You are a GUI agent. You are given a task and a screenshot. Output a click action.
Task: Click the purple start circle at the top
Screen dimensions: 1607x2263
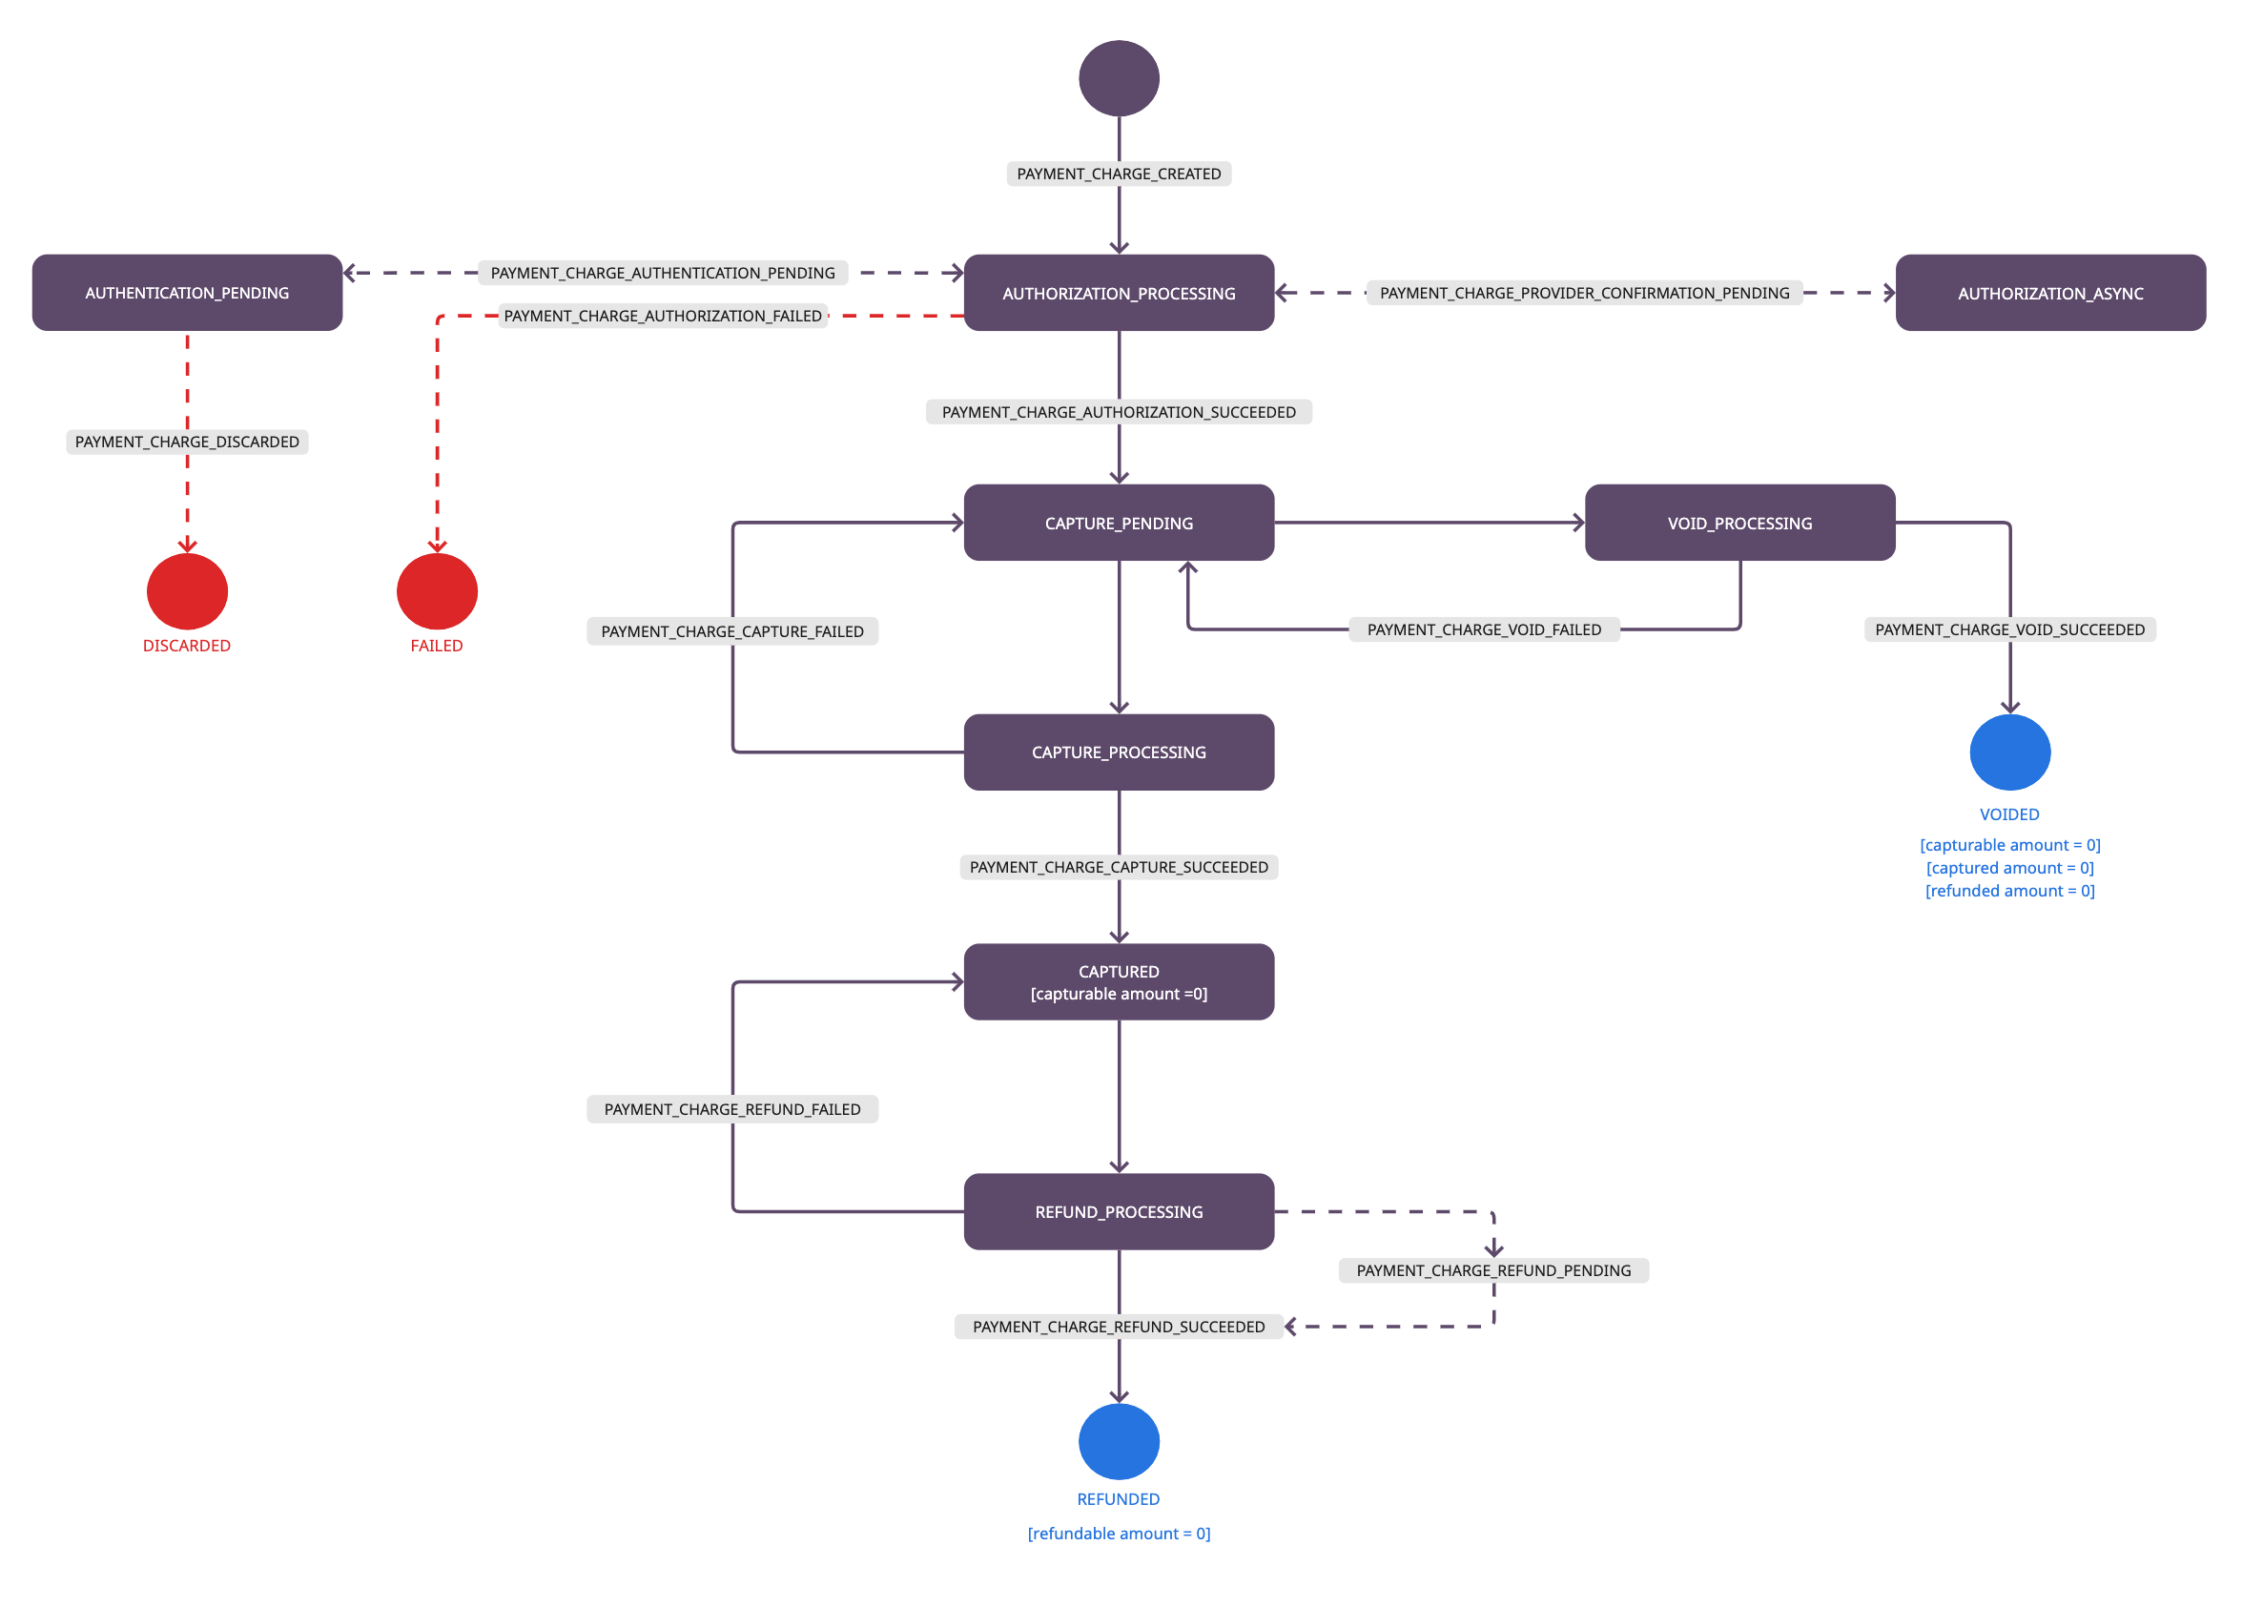click(1118, 78)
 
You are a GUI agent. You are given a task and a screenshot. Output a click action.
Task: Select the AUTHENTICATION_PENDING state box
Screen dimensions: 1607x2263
click(187, 293)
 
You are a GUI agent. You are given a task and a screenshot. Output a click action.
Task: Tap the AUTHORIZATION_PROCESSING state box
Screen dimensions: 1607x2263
click(1118, 293)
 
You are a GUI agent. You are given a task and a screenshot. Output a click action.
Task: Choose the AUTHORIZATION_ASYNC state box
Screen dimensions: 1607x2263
click(2050, 293)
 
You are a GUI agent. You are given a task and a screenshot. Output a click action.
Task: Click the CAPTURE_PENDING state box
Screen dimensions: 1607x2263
click(1118, 523)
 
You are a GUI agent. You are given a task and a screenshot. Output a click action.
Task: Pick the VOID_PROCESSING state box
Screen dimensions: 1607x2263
click(1739, 523)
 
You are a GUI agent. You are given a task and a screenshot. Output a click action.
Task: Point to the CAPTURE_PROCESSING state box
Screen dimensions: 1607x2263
click(1118, 752)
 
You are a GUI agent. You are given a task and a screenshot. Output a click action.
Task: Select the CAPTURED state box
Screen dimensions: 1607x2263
click(1118, 981)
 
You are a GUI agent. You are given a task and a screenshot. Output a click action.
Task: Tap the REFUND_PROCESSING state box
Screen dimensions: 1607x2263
click(1118, 1211)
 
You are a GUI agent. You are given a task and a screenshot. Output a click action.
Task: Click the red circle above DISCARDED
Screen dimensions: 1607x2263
click(187, 590)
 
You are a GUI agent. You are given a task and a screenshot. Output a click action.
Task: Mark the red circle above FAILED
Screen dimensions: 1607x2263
click(437, 590)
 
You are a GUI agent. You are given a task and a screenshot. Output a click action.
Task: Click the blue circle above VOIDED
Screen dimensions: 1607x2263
click(2009, 752)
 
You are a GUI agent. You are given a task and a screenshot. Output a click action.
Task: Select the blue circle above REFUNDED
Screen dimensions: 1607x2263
click(1118, 1441)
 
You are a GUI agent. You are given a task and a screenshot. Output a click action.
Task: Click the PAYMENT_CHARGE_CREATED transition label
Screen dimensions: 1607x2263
click(1118, 175)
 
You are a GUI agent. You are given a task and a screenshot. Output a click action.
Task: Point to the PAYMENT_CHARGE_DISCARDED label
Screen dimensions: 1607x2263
click(187, 442)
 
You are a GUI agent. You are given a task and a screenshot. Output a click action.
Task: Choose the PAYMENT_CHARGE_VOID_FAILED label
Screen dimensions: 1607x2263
click(1483, 629)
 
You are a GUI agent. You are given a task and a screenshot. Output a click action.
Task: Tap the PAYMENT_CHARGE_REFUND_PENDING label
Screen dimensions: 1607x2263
click(1493, 1270)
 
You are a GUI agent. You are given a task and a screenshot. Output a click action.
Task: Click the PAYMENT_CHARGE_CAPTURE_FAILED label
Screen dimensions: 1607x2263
click(732, 631)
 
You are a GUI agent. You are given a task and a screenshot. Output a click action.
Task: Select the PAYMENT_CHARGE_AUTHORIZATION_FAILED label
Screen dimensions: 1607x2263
click(663, 316)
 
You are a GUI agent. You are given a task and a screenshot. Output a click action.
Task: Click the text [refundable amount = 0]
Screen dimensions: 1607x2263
click(1118, 1533)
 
